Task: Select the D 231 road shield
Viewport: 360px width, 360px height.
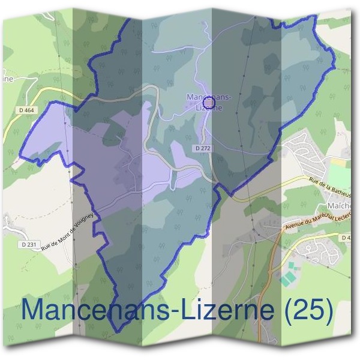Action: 28,244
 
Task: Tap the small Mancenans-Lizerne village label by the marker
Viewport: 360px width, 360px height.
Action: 205,102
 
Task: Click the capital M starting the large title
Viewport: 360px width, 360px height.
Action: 34,310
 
